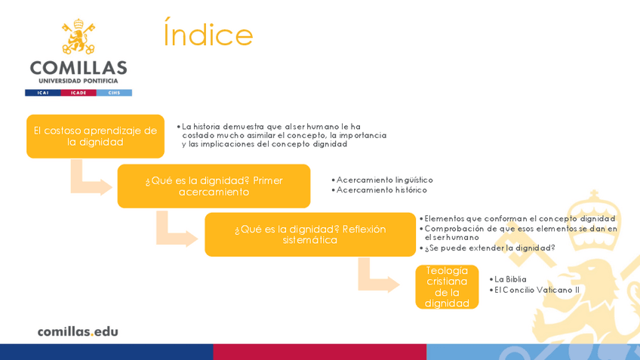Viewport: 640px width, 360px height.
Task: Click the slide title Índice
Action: [208, 35]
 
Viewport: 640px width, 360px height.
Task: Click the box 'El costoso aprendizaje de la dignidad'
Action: [95, 136]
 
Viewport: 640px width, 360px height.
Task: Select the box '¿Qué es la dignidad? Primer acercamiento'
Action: [214, 186]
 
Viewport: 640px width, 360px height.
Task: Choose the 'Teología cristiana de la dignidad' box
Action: [447, 287]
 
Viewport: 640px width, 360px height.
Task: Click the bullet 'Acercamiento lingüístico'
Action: [384, 180]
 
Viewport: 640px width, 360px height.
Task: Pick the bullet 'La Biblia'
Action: [510, 279]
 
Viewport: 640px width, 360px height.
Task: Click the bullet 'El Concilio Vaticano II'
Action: [537, 290]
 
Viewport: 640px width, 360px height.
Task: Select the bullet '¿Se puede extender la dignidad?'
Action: [489, 248]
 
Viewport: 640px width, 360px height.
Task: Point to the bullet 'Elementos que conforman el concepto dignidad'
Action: [519, 219]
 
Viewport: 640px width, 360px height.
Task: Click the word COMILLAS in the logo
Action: [78, 66]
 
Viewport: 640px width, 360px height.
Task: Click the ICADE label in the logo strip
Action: [78, 93]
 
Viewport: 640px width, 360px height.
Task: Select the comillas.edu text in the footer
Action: [78, 331]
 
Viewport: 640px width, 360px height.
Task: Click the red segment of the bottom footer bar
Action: [319, 352]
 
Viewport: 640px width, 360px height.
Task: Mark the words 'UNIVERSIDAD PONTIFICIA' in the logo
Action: [78, 81]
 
